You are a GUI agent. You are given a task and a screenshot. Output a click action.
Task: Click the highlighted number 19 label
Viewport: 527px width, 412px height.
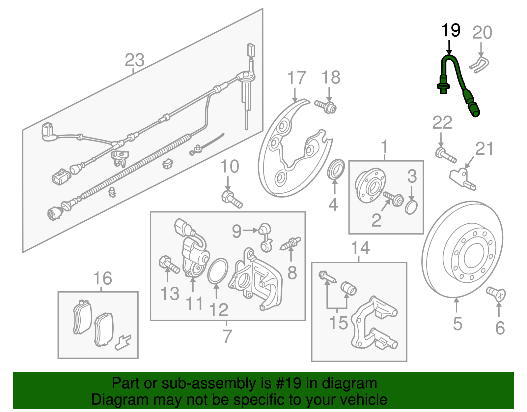pyautogui.click(x=451, y=30)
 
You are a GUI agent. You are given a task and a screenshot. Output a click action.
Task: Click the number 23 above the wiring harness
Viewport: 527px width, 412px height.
pyautogui.click(x=134, y=60)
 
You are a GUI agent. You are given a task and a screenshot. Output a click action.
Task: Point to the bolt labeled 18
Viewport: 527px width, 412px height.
pyautogui.click(x=326, y=106)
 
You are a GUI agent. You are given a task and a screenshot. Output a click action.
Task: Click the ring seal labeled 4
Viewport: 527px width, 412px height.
pyautogui.click(x=336, y=169)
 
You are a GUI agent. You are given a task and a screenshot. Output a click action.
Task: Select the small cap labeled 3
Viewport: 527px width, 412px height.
pyautogui.click(x=411, y=207)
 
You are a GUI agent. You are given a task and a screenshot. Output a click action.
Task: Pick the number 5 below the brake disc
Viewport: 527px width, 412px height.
pyautogui.click(x=458, y=324)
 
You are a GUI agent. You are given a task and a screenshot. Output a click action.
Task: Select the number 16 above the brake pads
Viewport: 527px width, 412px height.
pyautogui.click(x=102, y=278)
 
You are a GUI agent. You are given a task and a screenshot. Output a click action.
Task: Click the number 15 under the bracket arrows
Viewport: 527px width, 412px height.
pyautogui.click(x=338, y=323)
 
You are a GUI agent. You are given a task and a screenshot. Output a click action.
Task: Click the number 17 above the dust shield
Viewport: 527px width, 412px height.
pyautogui.click(x=296, y=78)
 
